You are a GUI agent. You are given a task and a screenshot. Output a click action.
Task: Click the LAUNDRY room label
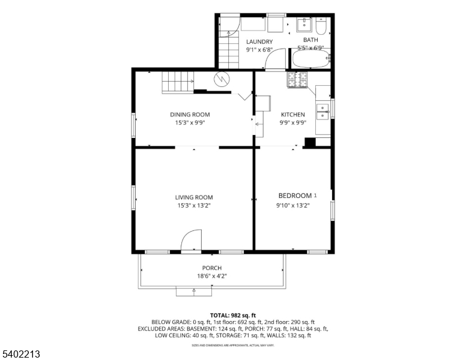tap(259, 41)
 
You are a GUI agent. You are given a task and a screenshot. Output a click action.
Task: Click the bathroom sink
tap(304, 24)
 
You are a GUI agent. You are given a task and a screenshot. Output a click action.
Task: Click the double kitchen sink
tap(322, 110)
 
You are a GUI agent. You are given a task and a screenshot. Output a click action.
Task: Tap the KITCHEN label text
tap(293, 115)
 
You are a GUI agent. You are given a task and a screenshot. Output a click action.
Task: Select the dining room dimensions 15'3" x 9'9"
tap(190, 122)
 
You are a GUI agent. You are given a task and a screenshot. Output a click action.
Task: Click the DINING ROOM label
tap(190, 115)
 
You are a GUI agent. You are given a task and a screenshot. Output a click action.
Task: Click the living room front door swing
tap(192, 241)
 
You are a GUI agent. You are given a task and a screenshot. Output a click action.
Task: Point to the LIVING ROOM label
tap(194, 197)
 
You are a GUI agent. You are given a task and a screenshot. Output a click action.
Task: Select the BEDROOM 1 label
tap(297, 196)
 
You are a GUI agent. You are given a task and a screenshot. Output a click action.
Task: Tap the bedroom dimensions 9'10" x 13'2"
tap(292, 205)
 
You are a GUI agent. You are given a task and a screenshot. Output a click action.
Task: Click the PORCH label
tap(212, 268)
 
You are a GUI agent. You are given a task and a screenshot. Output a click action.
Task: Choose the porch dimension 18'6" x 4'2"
tap(212, 276)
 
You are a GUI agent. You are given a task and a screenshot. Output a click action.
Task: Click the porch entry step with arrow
tap(194, 291)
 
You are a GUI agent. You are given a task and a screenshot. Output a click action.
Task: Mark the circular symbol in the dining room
tap(222, 79)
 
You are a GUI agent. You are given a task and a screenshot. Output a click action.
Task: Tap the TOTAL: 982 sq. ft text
tap(233, 315)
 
